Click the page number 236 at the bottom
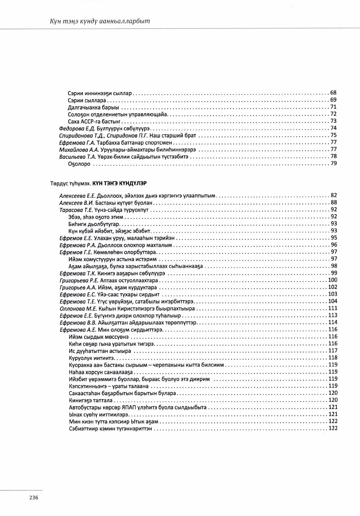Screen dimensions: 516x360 pos(34,497)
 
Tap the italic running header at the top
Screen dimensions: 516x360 pos(100,21)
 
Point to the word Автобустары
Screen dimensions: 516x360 pos(84,407)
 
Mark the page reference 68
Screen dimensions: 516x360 pos(333,93)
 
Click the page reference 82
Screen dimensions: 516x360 pos(334,195)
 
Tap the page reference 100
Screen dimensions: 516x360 pos(333,280)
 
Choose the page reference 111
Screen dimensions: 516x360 pos(333,308)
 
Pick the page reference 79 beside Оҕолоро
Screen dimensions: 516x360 pos(333,163)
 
